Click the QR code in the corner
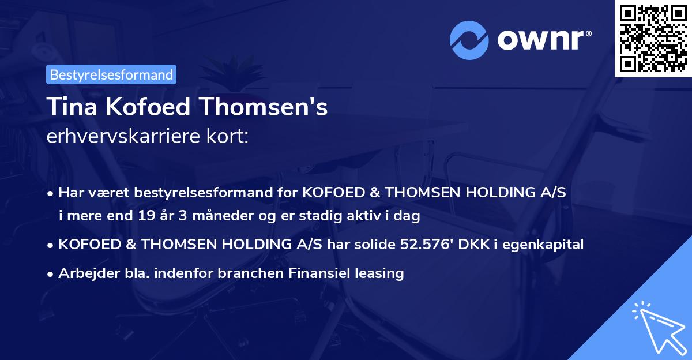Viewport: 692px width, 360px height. point(653,39)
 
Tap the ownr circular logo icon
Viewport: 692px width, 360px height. point(469,40)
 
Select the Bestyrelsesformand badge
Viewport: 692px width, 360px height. point(111,74)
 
